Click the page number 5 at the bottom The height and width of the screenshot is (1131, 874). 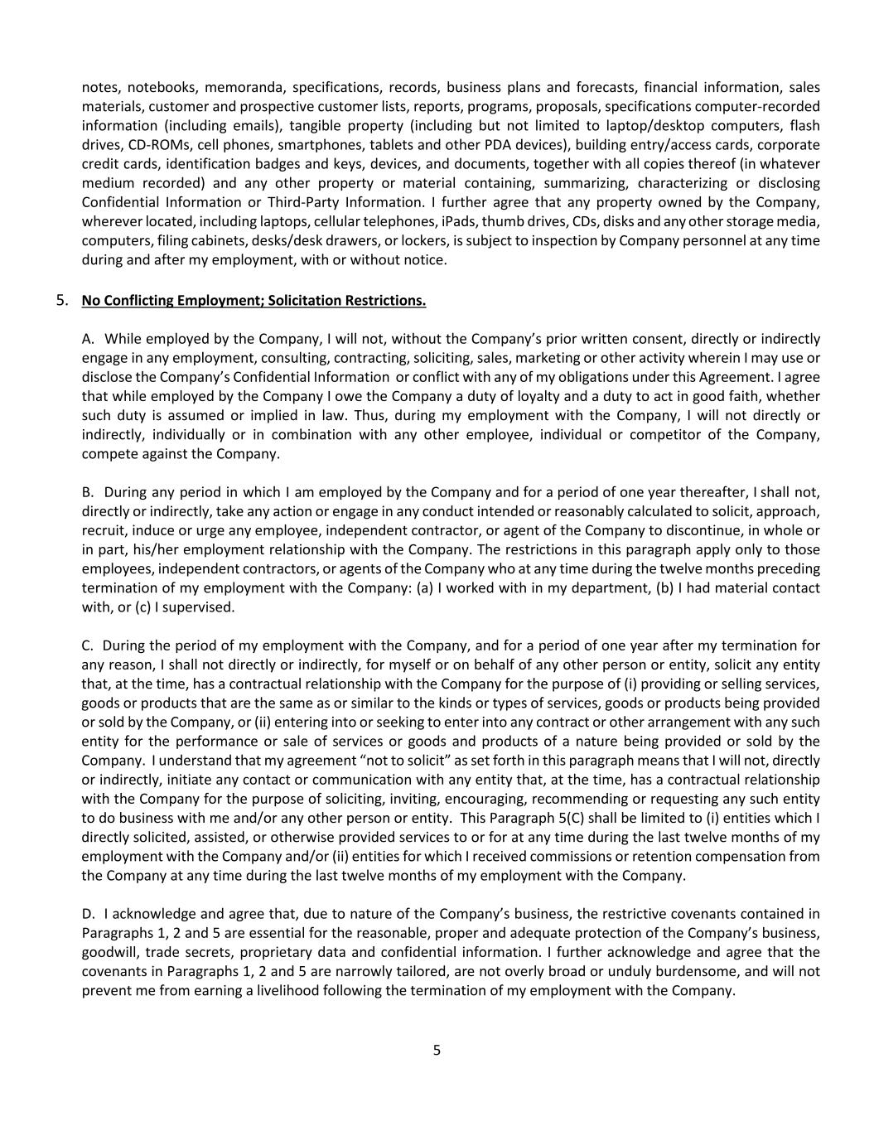coord(437,1051)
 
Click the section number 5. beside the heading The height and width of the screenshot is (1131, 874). coord(63,300)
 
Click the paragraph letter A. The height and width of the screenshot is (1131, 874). coord(88,338)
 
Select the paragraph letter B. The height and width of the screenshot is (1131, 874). coord(87,492)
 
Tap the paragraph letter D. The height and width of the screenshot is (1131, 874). coord(88,914)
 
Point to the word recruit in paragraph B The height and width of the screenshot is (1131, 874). coord(103,530)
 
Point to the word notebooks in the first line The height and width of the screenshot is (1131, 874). coord(162,87)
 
